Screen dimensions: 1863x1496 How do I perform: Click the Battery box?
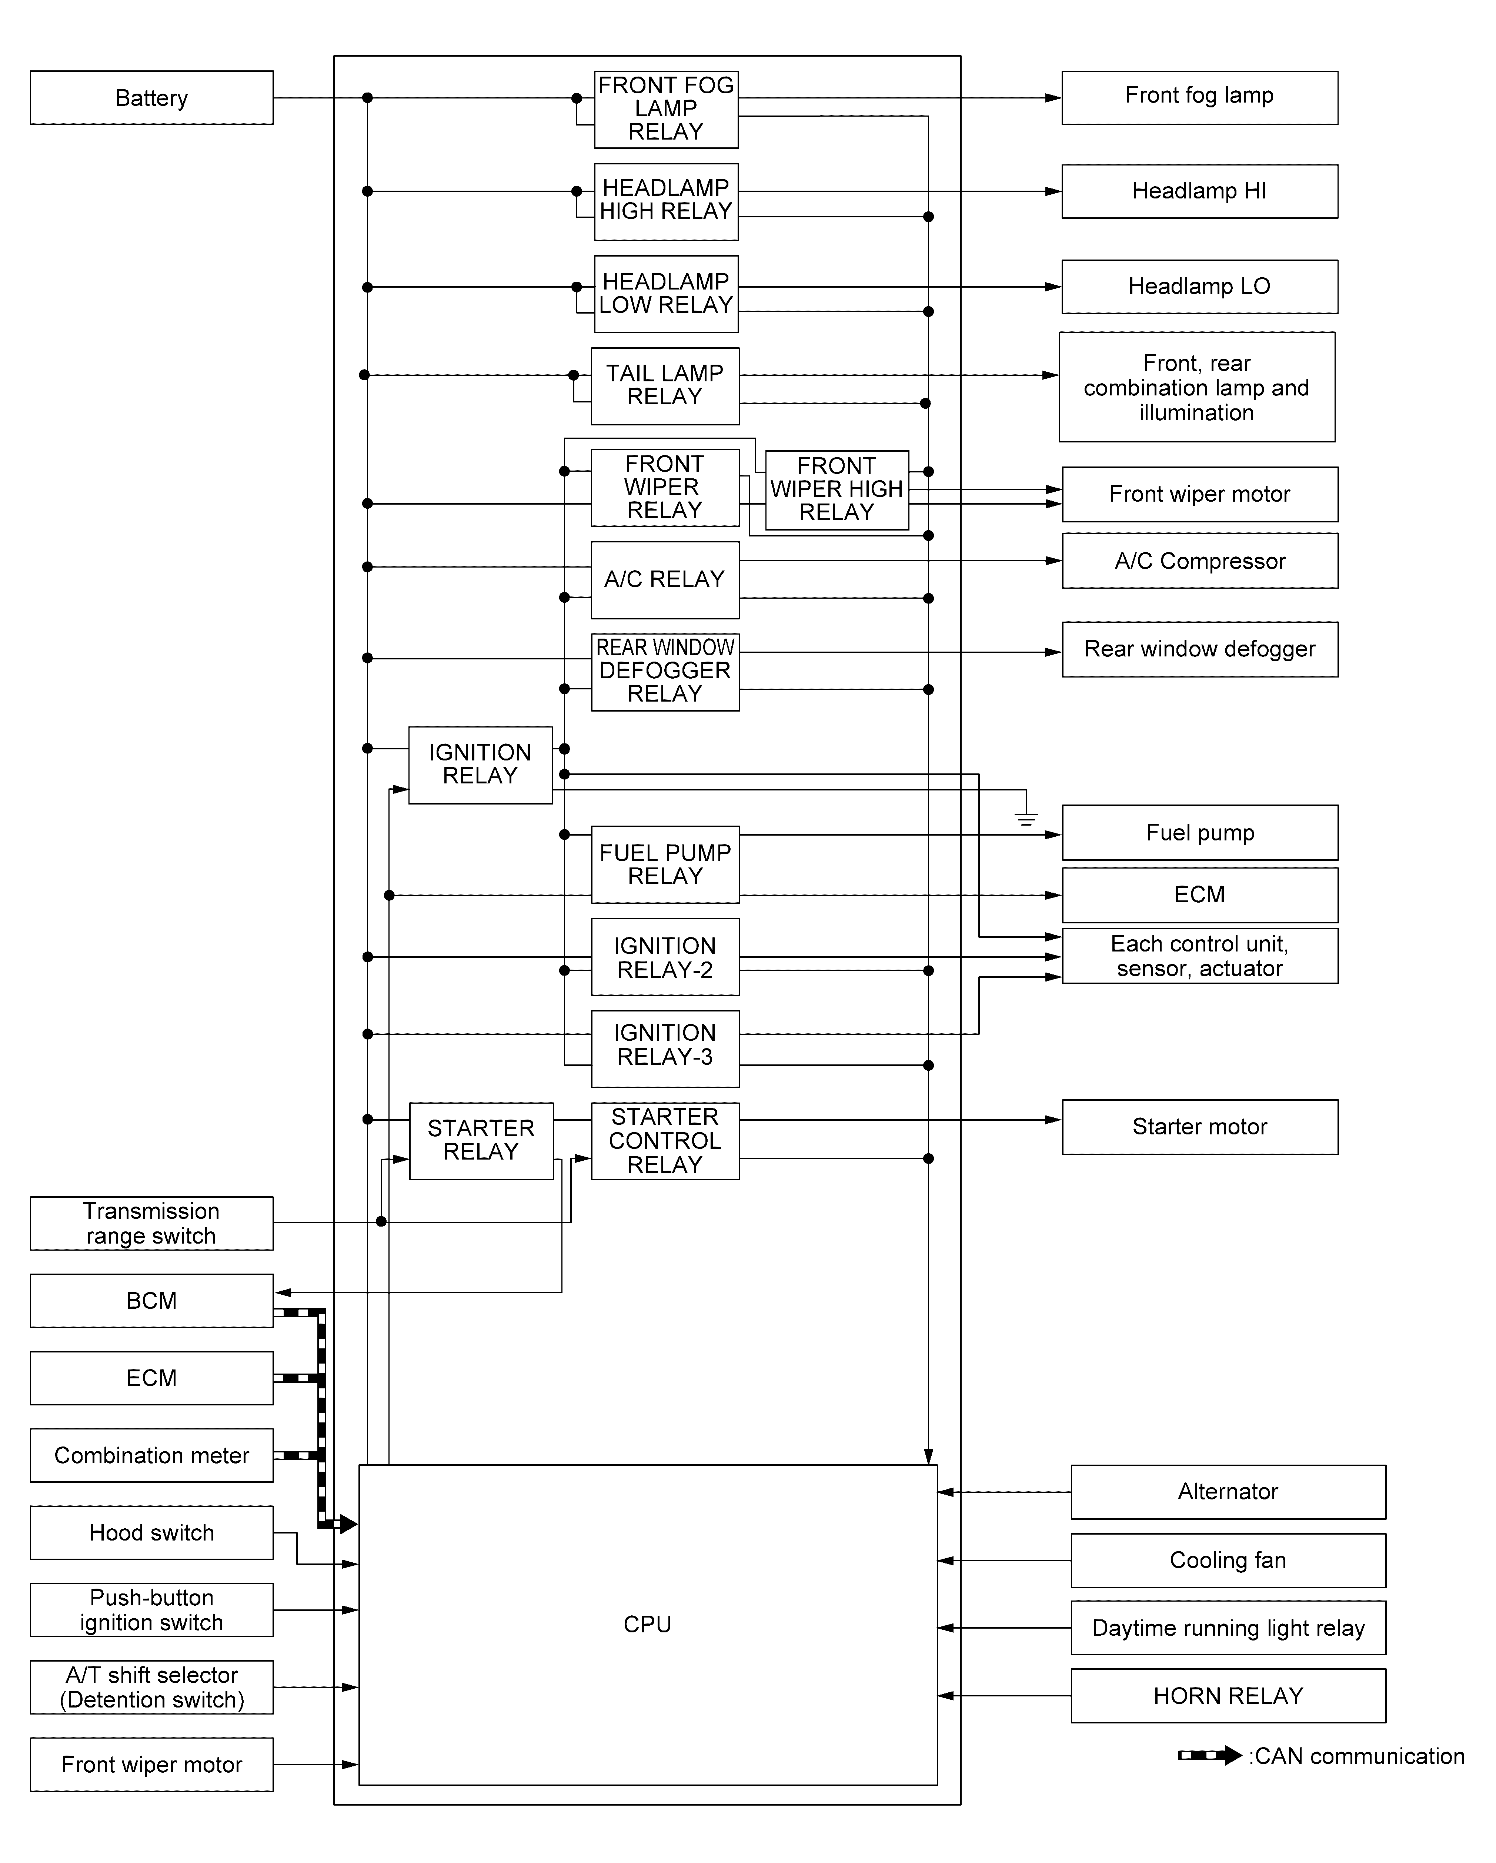pos(151,98)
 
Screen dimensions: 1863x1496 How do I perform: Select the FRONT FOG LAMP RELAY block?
pos(665,109)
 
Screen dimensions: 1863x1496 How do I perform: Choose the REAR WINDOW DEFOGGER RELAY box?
pos(665,671)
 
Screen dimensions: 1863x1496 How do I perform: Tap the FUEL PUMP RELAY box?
pos(665,864)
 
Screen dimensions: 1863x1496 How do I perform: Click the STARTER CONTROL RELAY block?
pos(665,1141)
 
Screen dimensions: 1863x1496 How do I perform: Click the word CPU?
pos(647,1625)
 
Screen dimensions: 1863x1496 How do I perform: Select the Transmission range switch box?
pos(151,1223)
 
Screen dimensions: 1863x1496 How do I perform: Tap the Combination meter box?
pos(151,1455)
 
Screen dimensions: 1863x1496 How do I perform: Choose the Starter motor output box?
pos(1199,1127)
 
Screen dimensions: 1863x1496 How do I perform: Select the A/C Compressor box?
pos(1199,561)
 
